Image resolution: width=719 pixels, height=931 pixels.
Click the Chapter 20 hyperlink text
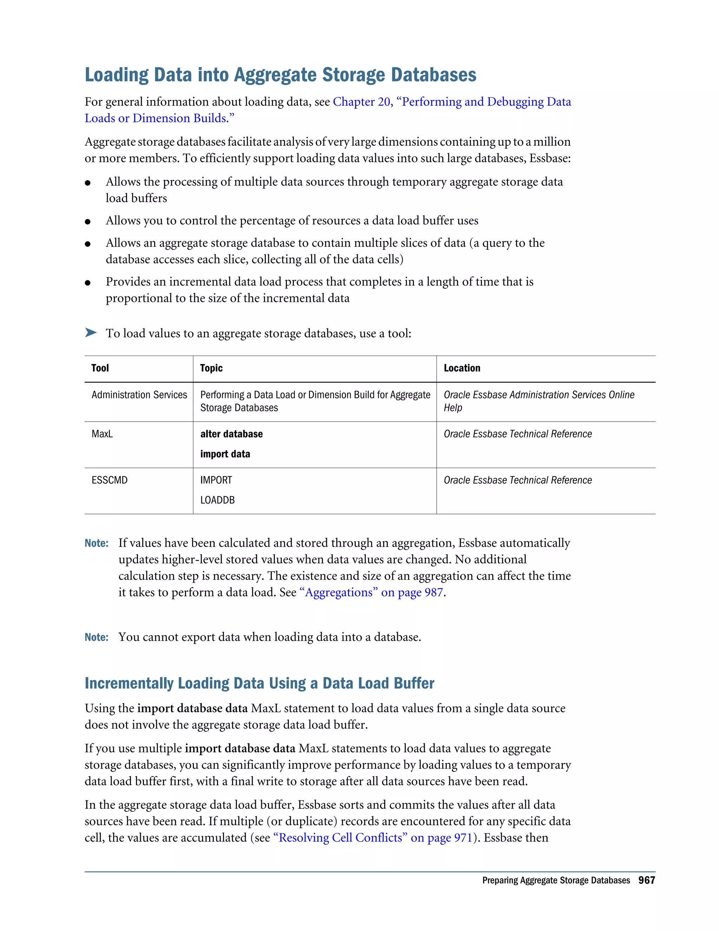451,102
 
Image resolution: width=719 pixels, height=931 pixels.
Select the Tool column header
100,368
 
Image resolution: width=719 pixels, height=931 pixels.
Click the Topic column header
211,368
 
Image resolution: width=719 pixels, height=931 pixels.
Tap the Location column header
462,368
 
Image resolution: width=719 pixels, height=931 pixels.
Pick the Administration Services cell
139,395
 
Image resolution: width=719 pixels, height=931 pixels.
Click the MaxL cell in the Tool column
102,434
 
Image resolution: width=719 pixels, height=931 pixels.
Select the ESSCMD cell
110,480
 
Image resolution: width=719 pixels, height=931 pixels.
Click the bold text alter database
231,434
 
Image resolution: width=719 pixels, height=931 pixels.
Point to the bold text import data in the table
225,454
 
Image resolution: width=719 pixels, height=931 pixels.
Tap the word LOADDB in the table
217,500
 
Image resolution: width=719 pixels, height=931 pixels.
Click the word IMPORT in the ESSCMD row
216,480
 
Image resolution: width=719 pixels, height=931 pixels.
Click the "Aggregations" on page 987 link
371,593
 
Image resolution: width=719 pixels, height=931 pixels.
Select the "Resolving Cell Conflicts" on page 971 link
373,838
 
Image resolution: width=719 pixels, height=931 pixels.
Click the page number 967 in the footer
646,880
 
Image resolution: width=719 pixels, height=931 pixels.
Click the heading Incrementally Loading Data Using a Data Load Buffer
259,683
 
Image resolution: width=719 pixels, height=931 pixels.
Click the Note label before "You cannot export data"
96,637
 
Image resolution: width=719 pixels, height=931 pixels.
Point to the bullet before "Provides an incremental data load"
88,282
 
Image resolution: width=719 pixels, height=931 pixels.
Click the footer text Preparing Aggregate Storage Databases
555,881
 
